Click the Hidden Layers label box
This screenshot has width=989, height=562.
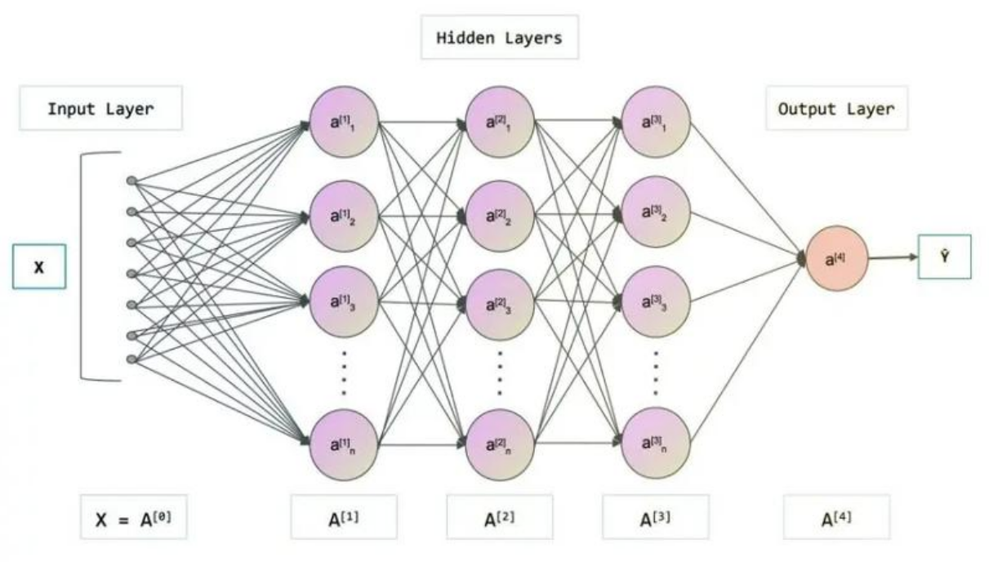499,38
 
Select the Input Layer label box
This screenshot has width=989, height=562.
100,109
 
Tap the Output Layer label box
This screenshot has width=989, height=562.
835,109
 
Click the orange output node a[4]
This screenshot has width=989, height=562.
836,259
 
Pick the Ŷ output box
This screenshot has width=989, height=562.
944,257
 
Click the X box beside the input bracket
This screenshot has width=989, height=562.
38,267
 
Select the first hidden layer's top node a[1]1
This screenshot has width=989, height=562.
344,122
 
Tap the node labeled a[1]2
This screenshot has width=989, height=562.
344,216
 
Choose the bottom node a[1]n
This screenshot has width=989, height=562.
344,444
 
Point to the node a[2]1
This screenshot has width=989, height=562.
500,122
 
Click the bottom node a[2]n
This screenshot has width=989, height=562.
500,444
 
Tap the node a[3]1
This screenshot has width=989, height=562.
656,122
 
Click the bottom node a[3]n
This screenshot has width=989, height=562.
656,444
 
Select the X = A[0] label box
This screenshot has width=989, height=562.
133,517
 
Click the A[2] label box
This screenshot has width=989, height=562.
500,517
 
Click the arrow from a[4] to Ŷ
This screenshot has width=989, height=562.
892,258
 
